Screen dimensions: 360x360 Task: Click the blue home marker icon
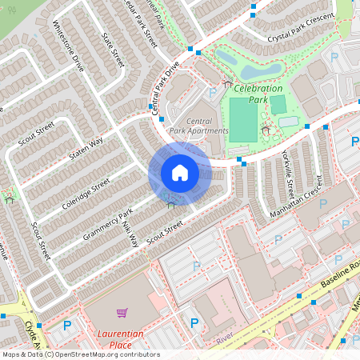(179, 172)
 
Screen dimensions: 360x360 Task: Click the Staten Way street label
(86, 147)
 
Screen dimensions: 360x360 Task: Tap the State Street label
(114, 49)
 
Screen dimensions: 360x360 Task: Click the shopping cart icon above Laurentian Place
(122, 313)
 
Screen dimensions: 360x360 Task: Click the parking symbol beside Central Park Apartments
(211, 94)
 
